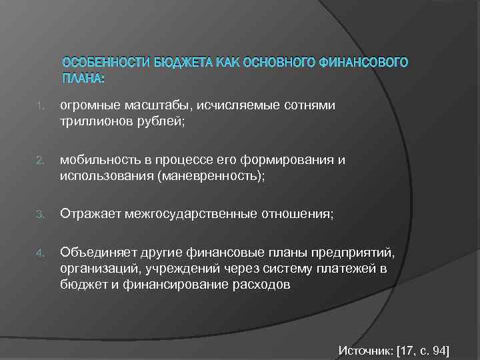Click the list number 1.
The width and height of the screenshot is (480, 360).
41,105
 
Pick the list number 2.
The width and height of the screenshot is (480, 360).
41,161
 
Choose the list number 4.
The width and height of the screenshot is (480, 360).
41,252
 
